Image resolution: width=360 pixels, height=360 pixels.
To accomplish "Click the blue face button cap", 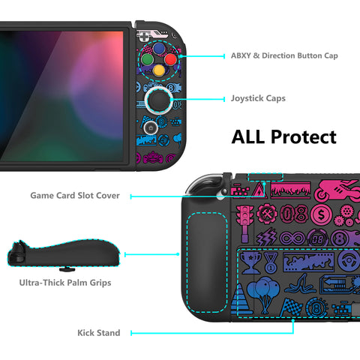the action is pos(158,49).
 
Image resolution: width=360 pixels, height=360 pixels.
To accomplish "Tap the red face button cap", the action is pos(171,59).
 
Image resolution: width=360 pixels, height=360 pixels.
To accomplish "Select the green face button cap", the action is pos(147,60).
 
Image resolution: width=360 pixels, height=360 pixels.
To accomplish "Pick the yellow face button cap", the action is pos(159,70).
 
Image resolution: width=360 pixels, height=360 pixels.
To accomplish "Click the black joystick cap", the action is pos(158,100).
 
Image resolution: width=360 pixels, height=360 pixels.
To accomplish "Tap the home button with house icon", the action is pos(151,127).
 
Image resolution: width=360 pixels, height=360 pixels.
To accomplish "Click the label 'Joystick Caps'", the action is pos(258,98).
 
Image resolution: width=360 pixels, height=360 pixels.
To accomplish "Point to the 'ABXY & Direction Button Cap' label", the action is pos(284,55).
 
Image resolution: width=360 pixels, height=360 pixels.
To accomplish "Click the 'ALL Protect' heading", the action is pos(284,137).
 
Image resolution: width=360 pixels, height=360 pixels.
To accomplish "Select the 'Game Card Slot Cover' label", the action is pos(75,196).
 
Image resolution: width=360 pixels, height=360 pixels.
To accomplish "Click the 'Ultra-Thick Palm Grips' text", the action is pos(65,283).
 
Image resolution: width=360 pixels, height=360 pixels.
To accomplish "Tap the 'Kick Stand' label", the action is pos(99,333).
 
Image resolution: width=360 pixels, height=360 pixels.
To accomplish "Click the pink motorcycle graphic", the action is pos(337,190).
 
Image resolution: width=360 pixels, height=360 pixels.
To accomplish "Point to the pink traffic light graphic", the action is pos(244,223).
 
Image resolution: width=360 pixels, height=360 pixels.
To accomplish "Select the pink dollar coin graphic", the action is pos(321,214).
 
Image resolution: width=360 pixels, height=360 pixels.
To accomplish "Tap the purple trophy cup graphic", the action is pos(250,262).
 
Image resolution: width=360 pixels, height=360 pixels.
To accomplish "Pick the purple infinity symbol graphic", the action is pos(292,238).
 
